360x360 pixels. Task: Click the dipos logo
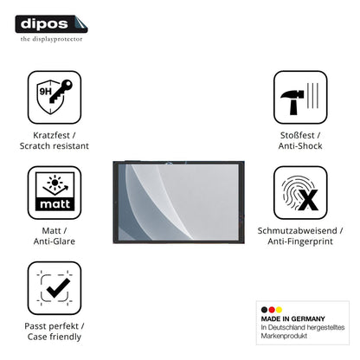(51, 24)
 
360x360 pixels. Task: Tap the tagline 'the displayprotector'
(51, 39)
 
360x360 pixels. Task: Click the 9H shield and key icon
(55, 97)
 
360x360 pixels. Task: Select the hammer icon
(300, 97)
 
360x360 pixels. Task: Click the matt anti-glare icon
(55, 192)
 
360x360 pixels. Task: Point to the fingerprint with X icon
(300, 192)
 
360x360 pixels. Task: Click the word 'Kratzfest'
(51, 135)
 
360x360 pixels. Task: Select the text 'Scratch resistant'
(55, 145)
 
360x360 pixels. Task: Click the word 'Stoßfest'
(297, 135)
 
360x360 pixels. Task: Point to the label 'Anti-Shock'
(300, 145)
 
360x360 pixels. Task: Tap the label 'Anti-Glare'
(55, 241)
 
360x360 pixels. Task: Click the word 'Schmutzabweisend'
(297, 230)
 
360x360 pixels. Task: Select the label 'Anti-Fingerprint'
(300, 241)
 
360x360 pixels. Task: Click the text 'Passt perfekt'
(51, 326)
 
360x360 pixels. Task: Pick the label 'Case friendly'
(55, 337)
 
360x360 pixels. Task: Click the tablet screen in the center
(178, 202)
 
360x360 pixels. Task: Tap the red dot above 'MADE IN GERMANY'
(272, 310)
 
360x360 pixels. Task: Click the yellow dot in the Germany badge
(279, 310)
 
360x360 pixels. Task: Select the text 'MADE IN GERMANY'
(292, 318)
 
